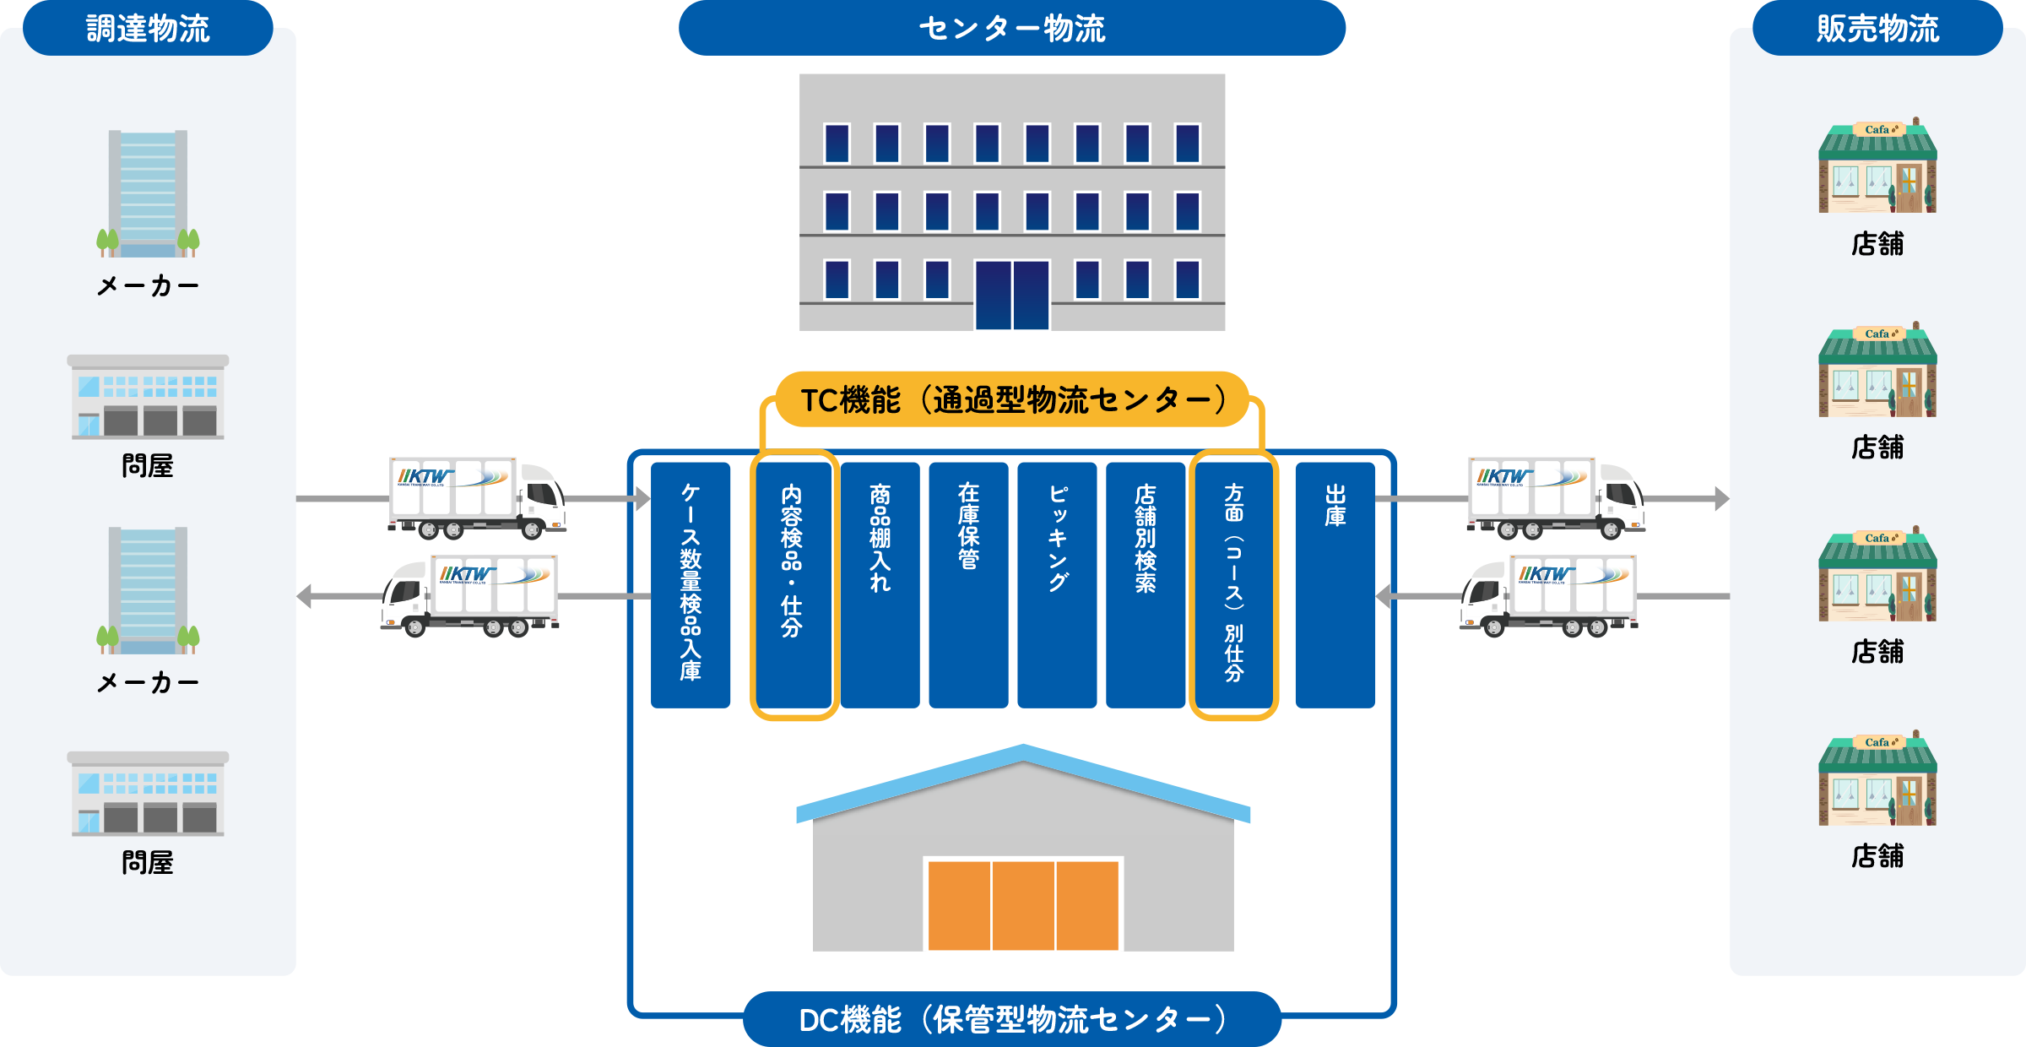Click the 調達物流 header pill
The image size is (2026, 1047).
148,29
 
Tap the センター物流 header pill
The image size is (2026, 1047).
1011,29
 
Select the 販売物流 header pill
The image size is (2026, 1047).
1877,29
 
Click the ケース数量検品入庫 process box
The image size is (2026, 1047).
691,584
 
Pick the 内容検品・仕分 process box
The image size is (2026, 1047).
793,584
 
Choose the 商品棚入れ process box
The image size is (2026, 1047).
880,584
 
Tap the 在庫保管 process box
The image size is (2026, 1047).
968,584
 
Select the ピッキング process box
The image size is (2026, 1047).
1057,584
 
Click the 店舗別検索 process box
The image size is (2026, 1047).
1146,584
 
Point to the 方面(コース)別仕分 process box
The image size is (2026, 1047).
1233,584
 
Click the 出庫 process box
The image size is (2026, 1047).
1335,584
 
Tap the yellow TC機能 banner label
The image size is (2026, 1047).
1011,399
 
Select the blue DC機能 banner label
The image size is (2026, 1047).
1011,1020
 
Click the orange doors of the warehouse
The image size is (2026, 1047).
1023,905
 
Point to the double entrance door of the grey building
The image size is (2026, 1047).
1011,295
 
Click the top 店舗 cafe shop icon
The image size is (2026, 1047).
1877,167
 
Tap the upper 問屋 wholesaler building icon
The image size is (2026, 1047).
148,397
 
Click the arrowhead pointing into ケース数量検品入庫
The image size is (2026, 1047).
643,499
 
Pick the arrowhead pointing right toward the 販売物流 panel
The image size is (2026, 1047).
1721,499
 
